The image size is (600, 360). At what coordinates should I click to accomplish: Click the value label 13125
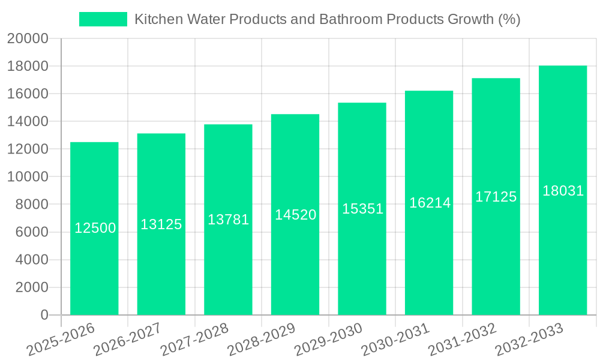pyautogui.click(x=161, y=224)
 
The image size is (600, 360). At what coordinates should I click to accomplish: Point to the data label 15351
pyautogui.click(x=362, y=209)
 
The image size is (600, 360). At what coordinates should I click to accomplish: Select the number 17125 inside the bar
pyautogui.click(x=496, y=196)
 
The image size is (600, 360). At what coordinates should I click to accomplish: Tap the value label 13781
pyautogui.click(x=228, y=220)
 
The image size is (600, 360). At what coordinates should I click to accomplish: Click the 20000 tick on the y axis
pyautogui.click(x=28, y=38)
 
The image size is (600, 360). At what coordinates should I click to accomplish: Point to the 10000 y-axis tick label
pyautogui.click(x=28, y=177)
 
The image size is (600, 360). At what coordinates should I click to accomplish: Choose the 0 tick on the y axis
pyautogui.click(x=44, y=315)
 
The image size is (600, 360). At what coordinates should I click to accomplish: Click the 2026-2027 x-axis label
pyautogui.click(x=127, y=339)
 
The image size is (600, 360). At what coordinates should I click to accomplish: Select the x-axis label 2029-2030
pyautogui.click(x=329, y=339)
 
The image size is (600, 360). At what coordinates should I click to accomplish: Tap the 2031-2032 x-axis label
pyautogui.click(x=463, y=339)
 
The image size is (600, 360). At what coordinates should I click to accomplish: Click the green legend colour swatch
pyautogui.click(x=103, y=19)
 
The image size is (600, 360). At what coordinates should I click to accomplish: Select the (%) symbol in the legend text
pyautogui.click(x=509, y=19)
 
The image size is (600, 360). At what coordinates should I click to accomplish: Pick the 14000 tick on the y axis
pyautogui.click(x=28, y=122)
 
